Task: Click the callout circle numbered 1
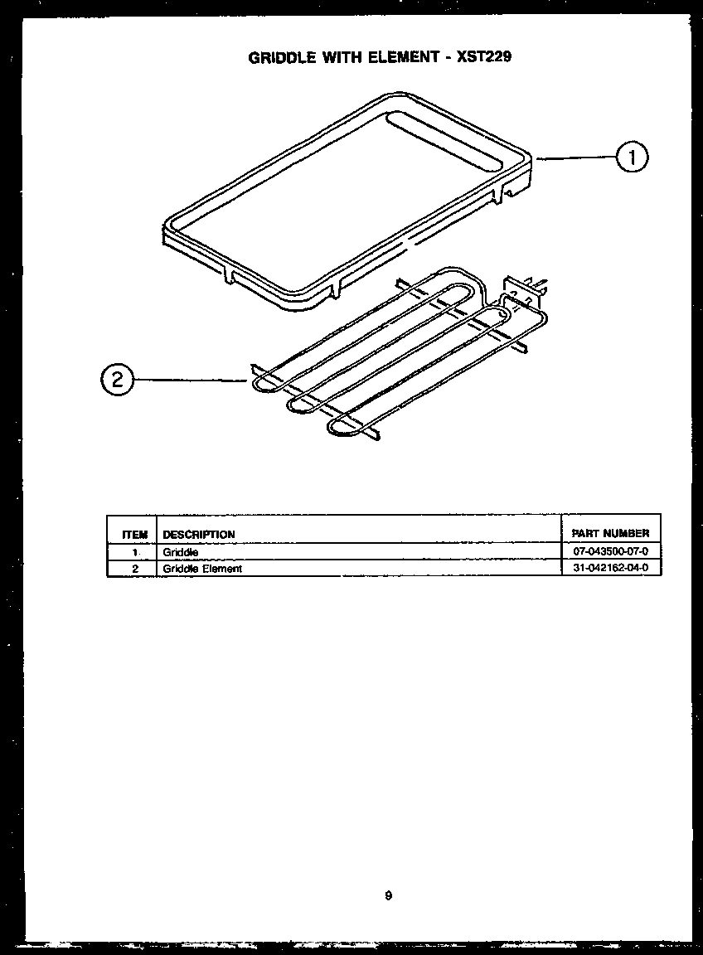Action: point(632,158)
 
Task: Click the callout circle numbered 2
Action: point(117,380)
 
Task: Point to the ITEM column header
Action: point(133,535)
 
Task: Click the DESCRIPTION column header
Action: point(199,535)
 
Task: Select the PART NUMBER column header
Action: point(610,534)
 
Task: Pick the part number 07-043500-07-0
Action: point(610,552)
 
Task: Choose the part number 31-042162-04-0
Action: point(610,569)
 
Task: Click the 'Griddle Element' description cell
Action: point(202,569)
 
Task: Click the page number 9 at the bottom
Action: point(388,895)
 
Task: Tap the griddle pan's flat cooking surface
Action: point(348,199)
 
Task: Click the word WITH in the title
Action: point(344,57)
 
